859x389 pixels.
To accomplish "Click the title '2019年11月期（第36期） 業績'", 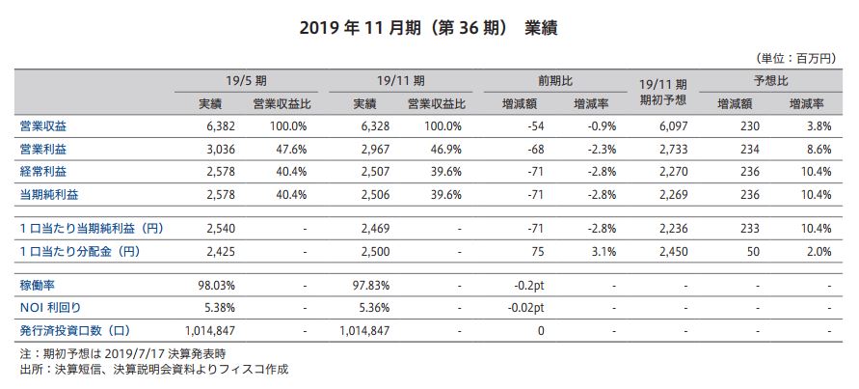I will point(428,27).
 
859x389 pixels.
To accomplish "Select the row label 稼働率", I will point(37,286).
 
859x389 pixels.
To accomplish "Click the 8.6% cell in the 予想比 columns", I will point(818,149).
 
